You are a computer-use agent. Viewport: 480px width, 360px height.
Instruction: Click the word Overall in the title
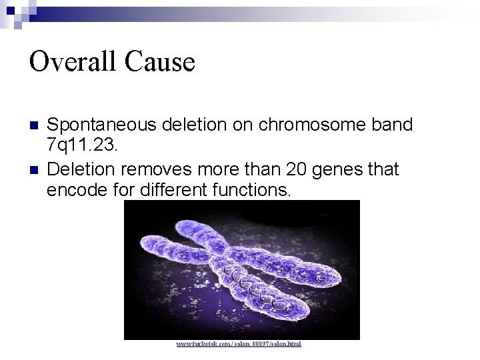click(70, 62)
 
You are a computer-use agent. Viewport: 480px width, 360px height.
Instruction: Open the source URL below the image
click(239, 344)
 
